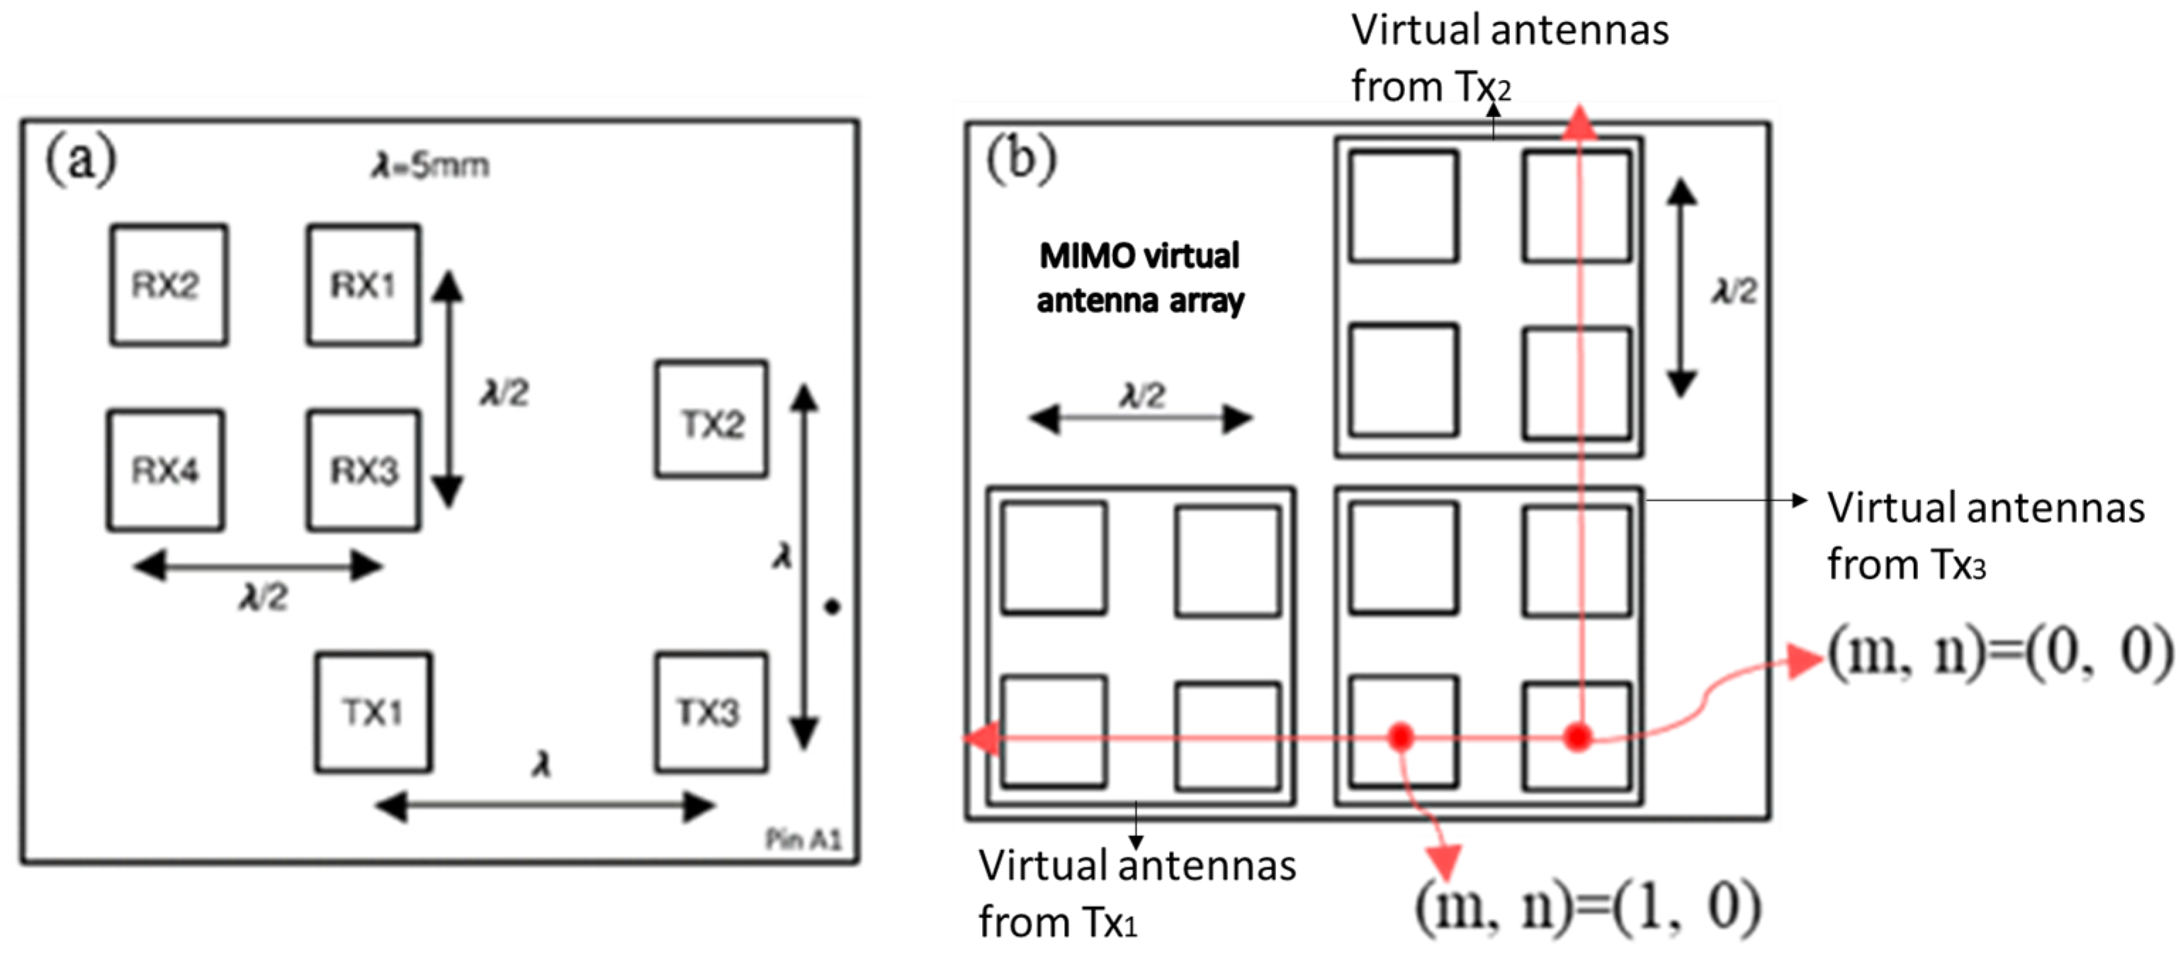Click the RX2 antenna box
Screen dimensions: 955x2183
[x=168, y=285]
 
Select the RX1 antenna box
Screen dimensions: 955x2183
[x=363, y=285]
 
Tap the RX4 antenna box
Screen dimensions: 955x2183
[x=165, y=470]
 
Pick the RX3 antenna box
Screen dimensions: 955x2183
[x=363, y=470]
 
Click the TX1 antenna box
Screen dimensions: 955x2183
[x=373, y=712]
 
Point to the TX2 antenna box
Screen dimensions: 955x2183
[x=712, y=420]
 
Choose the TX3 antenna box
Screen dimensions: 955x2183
[x=710, y=712]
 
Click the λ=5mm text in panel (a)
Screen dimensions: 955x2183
[x=431, y=165]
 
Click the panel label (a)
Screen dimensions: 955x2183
[x=81, y=159]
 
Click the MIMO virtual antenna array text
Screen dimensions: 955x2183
[x=1140, y=278]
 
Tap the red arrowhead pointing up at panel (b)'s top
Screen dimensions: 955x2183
[x=1579, y=123]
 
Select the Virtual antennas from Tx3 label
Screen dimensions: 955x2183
[x=1983, y=536]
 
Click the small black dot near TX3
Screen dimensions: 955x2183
[x=833, y=606]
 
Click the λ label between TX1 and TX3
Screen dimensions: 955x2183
[x=541, y=765]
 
